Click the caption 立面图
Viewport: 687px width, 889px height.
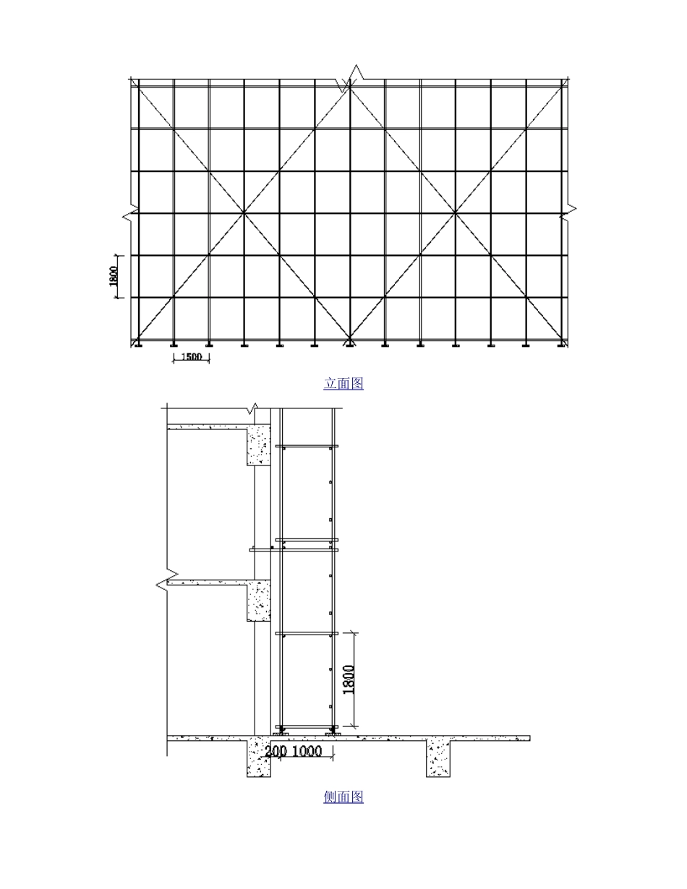[343, 384]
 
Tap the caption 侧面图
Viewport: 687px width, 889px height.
[343, 797]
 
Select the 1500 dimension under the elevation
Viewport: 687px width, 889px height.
[191, 357]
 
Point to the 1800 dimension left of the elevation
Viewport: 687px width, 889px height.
[114, 276]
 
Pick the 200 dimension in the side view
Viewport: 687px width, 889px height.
[276, 751]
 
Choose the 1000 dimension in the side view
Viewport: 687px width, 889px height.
[307, 751]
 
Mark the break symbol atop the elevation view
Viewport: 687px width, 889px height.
[350, 78]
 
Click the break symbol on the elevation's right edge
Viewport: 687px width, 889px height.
[568, 212]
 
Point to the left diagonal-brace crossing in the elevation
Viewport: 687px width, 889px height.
[244, 212]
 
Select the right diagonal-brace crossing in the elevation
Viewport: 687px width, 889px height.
[456, 212]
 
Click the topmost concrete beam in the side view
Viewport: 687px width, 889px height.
[259, 444]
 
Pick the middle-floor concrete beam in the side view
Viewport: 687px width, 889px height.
[259, 600]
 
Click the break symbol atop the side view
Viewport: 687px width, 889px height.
[253, 408]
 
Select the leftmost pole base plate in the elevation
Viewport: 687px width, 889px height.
[138, 345]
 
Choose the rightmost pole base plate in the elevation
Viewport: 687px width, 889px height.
[561, 345]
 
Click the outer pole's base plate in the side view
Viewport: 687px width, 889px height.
[333, 734]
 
